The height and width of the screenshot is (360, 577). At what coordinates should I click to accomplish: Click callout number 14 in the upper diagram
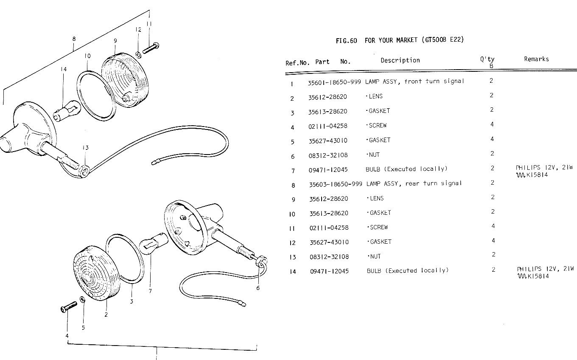(x=64, y=69)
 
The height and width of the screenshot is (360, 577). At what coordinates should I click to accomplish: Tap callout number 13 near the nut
(x=86, y=148)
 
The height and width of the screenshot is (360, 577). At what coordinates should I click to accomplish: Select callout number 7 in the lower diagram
(x=150, y=291)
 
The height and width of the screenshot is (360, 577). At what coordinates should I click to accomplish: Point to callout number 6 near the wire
(x=258, y=288)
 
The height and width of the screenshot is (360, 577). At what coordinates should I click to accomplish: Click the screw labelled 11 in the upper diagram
(x=151, y=48)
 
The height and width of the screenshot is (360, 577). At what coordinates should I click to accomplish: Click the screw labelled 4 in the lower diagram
(x=69, y=307)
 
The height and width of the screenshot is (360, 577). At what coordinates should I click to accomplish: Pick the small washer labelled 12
(x=138, y=55)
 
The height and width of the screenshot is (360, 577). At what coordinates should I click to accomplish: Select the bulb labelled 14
(x=67, y=111)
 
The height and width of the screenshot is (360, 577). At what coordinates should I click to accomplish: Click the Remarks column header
(x=536, y=59)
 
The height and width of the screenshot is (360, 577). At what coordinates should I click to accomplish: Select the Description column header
(x=400, y=60)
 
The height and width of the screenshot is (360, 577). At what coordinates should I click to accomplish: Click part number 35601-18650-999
(x=334, y=82)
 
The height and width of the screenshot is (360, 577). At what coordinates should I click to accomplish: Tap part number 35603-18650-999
(x=336, y=184)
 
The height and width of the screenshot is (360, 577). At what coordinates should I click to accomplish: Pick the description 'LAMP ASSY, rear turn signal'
(x=414, y=183)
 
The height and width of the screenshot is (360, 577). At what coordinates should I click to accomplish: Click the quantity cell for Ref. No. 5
(x=492, y=139)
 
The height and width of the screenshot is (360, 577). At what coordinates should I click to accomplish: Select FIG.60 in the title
(x=346, y=41)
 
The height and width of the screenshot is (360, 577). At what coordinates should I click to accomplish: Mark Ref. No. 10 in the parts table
(x=292, y=214)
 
